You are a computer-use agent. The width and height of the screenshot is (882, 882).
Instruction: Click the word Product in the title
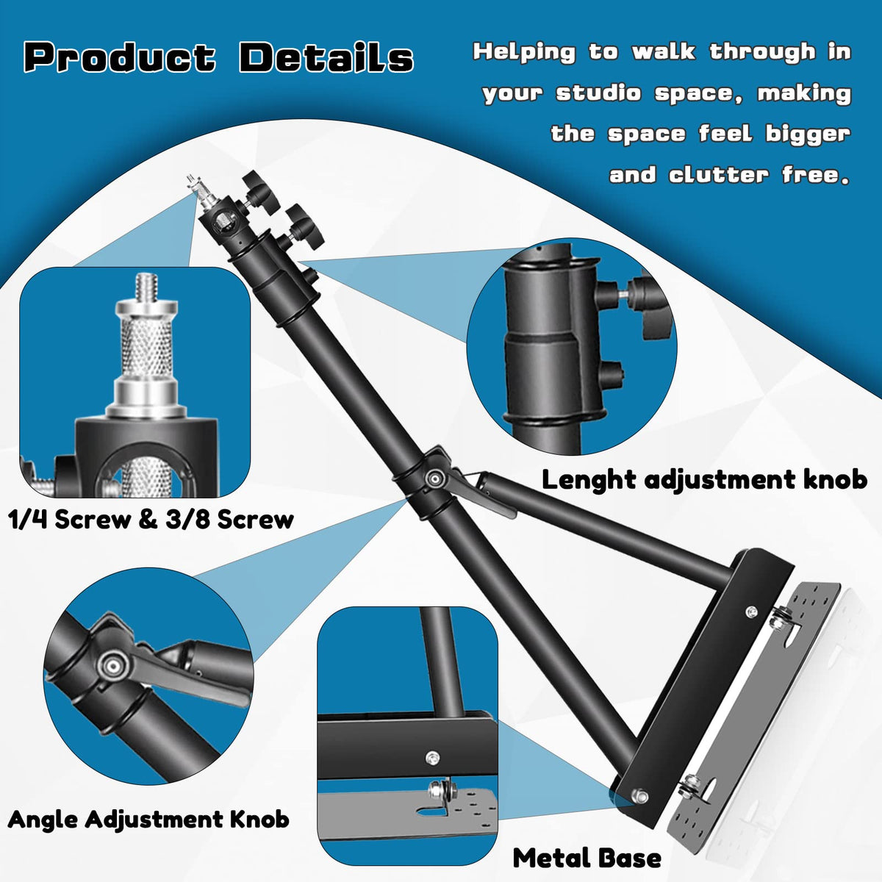[x=120, y=58]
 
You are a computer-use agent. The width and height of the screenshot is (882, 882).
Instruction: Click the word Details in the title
[x=326, y=57]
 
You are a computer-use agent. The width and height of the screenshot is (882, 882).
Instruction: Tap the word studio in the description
[x=599, y=93]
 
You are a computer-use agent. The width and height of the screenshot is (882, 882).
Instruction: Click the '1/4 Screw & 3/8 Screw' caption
[x=151, y=520]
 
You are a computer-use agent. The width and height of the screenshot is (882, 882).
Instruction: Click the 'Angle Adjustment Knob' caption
[x=148, y=819]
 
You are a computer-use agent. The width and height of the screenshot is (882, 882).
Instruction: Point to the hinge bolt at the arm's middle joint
[x=434, y=478]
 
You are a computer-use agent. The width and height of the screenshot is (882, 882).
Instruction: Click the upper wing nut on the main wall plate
[x=781, y=621]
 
